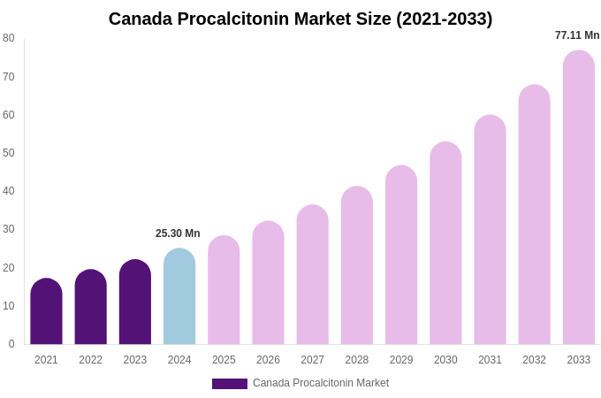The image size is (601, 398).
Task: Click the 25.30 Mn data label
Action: (x=178, y=233)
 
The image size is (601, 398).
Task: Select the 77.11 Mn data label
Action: (x=577, y=35)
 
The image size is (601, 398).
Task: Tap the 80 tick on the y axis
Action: (x=9, y=38)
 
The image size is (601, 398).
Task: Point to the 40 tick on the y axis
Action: (x=9, y=191)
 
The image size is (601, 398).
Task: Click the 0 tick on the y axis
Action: (x=11, y=344)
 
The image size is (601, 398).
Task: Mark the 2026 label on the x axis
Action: (x=268, y=360)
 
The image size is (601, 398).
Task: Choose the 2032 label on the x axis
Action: (x=534, y=360)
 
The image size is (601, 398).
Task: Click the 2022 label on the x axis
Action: (x=90, y=360)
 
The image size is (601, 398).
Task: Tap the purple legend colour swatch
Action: (x=229, y=384)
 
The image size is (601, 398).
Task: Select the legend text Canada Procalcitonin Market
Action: (x=321, y=383)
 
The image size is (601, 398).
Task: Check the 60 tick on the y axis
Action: (x=9, y=115)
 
